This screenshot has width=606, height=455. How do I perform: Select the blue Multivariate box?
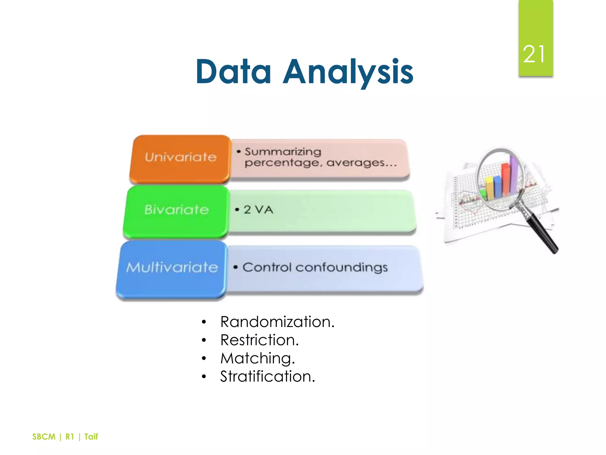coord(172,268)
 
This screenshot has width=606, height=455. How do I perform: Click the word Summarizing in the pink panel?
coord(283,152)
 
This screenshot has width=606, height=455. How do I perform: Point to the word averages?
coord(356,163)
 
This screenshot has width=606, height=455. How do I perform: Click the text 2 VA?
coord(258,210)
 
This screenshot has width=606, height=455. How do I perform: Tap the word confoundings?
coord(341,267)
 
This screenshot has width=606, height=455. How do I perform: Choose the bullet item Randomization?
coord(277,322)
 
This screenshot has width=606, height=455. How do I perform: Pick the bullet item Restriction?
coord(260,340)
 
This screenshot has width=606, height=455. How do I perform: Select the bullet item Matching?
coord(257,358)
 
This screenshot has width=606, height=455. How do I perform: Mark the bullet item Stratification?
coord(267,377)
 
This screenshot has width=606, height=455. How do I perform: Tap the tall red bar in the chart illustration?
coord(505,179)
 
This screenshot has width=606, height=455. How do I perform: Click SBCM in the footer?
coord(44,437)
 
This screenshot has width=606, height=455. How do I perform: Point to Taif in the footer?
coord(91,437)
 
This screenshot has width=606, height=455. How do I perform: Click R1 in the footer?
coord(70,437)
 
